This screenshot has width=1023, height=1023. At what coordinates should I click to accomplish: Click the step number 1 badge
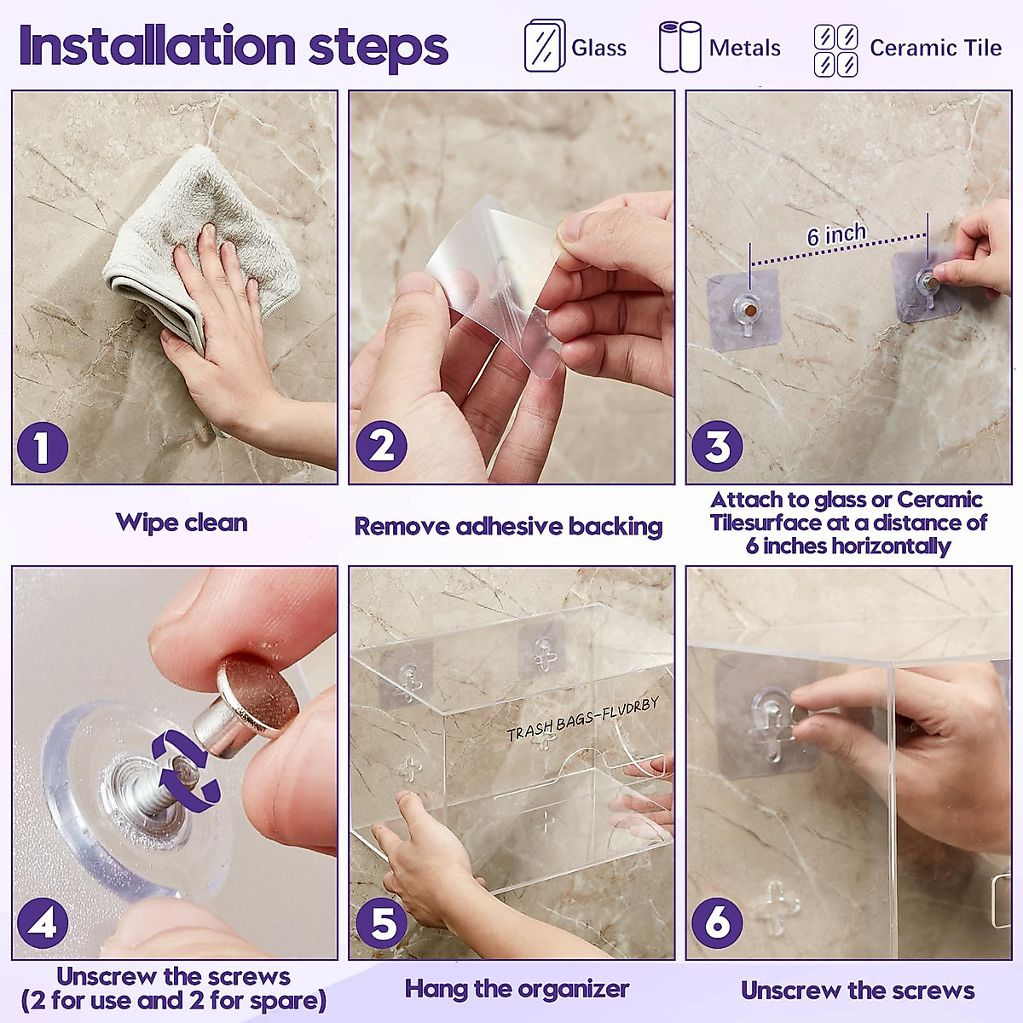pyautogui.click(x=42, y=447)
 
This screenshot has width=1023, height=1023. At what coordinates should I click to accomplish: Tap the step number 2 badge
pyautogui.click(x=381, y=447)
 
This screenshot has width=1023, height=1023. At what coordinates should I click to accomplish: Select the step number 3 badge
pyautogui.click(x=717, y=447)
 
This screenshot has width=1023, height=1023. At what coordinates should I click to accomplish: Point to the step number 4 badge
pyautogui.click(x=42, y=922)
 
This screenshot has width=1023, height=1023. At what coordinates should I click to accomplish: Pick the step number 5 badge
pyautogui.click(x=381, y=922)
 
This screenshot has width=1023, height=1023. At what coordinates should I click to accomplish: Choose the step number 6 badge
pyautogui.click(x=717, y=922)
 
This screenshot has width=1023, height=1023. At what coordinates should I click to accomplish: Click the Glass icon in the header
pyautogui.click(x=544, y=46)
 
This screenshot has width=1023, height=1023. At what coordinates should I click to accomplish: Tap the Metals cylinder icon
pyautogui.click(x=679, y=47)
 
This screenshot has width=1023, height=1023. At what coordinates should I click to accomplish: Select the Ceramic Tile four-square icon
pyautogui.click(x=835, y=49)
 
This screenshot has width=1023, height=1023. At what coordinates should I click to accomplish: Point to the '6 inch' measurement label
pyautogui.click(x=836, y=234)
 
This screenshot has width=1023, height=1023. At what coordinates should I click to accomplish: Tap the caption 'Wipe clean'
pyautogui.click(x=182, y=523)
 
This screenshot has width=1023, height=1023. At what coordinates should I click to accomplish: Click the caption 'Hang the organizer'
pyautogui.click(x=517, y=989)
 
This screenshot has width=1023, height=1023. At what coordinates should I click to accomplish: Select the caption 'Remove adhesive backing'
pyautogui.click(x=508, y=526)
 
